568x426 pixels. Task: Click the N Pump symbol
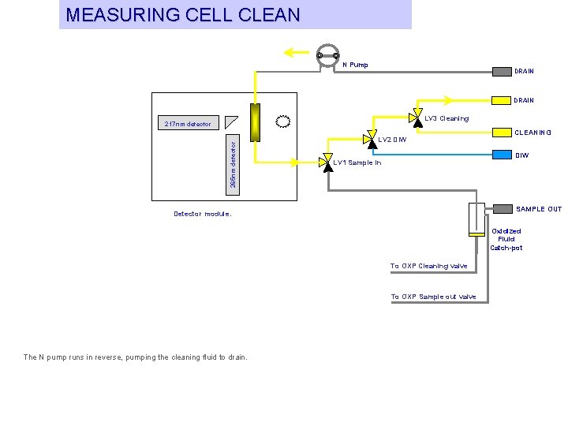pos(328,56)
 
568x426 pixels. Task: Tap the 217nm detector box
pos(189,122)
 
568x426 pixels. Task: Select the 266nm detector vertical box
pos(233,165)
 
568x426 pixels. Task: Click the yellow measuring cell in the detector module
pos(255,122)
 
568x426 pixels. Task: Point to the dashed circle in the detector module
pos(283,121)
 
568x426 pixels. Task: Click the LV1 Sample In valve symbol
pos(327,163)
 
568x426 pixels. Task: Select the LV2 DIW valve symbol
pos(371,140)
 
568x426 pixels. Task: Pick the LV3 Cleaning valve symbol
pos(417,118)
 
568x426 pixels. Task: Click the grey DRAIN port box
pos(502,72)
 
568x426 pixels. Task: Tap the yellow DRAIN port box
pos(502,100)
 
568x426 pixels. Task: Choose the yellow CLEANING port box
pos(502,133)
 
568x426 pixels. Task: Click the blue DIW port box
pos(502,155)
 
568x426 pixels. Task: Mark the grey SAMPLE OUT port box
pos(503,209)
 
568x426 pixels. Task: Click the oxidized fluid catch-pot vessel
pos(476,219)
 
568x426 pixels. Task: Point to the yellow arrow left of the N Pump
pos(297,53)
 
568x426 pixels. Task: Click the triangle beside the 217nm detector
pos(230,122)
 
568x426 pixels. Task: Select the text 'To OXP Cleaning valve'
pos(429,266)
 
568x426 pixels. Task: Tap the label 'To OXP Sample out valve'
pos(433,297)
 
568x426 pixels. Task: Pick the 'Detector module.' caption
pos(203,214)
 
